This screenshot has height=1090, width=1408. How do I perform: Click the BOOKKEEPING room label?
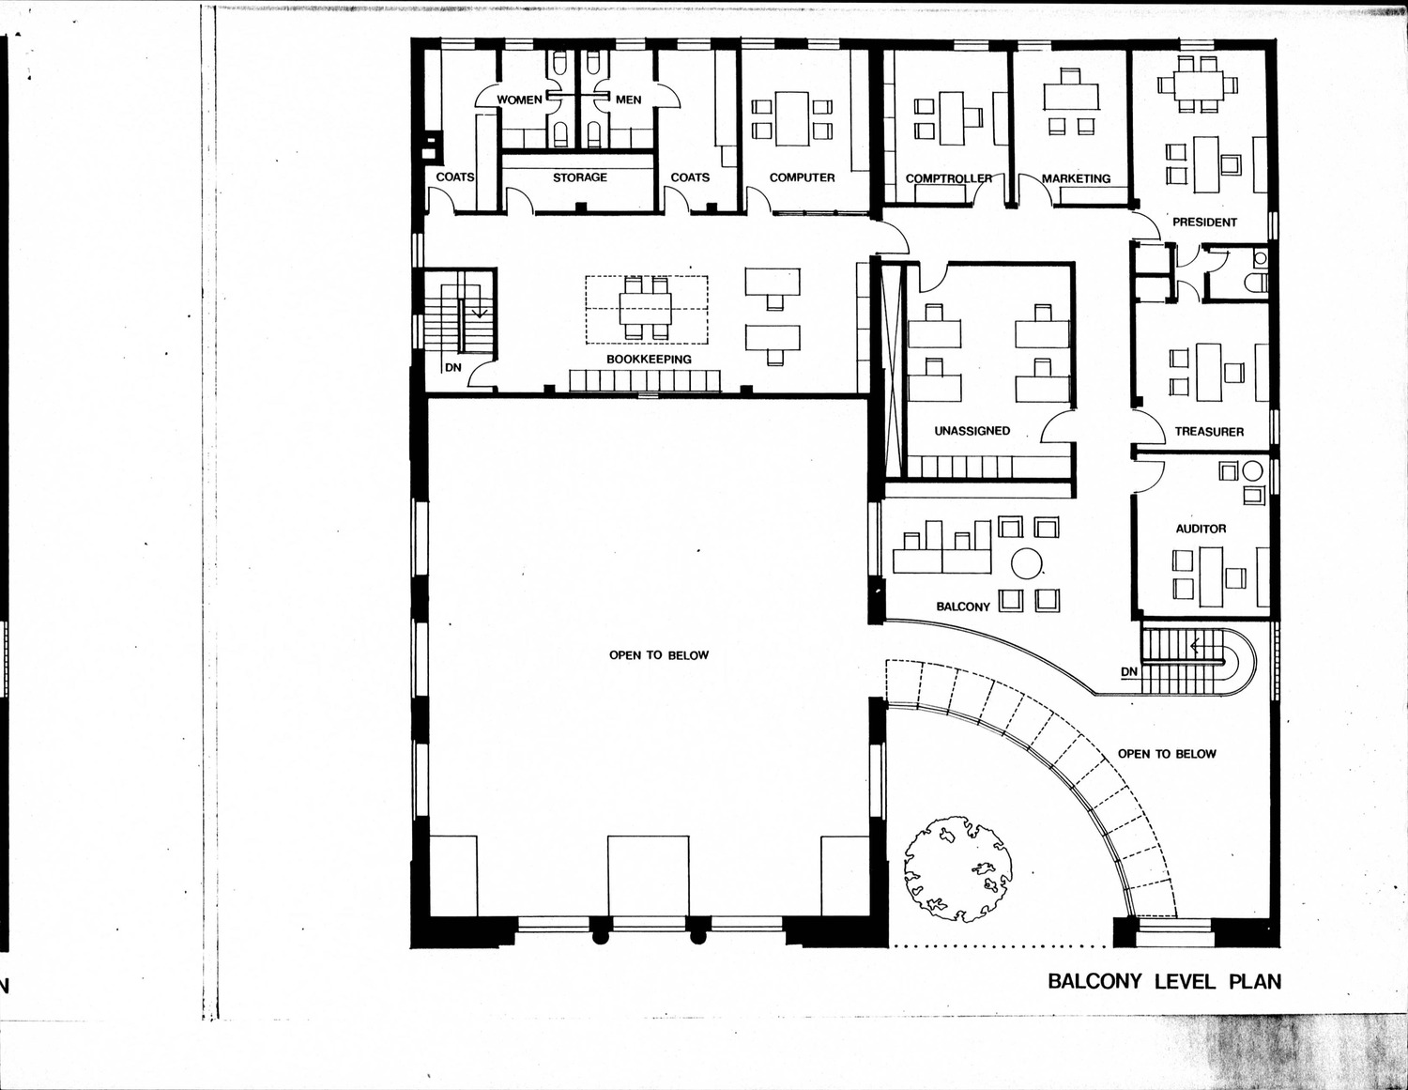(649, 359)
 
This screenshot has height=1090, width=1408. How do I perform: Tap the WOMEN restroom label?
(519, 100)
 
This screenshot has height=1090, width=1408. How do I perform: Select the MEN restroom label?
(628, 100)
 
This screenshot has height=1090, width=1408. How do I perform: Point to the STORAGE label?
(580, 177)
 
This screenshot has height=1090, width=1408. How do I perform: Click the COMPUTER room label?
(803, 177)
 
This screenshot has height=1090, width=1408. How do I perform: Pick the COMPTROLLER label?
(949, 178)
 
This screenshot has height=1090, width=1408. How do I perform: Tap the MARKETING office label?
(1076, 178)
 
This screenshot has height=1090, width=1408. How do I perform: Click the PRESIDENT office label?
(1204, 222)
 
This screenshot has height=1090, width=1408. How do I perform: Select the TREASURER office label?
(1209, 432)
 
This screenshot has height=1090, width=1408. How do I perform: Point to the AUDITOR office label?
(1201, 529)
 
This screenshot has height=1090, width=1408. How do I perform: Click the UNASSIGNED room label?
(972, 430)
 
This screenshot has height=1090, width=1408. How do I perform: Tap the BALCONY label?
(963, 606)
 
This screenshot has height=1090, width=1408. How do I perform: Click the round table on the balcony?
(1026, 563)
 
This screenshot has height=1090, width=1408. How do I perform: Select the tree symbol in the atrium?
(957, 868)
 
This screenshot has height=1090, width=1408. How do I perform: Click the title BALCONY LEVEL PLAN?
(1164, 981)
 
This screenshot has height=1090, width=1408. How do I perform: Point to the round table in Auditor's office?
(1252, 470)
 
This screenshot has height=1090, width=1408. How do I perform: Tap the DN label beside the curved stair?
(1128, 672)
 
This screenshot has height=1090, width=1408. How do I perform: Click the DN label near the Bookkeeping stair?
(453, 367)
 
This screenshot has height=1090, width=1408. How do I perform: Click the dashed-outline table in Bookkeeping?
(646, 309)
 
